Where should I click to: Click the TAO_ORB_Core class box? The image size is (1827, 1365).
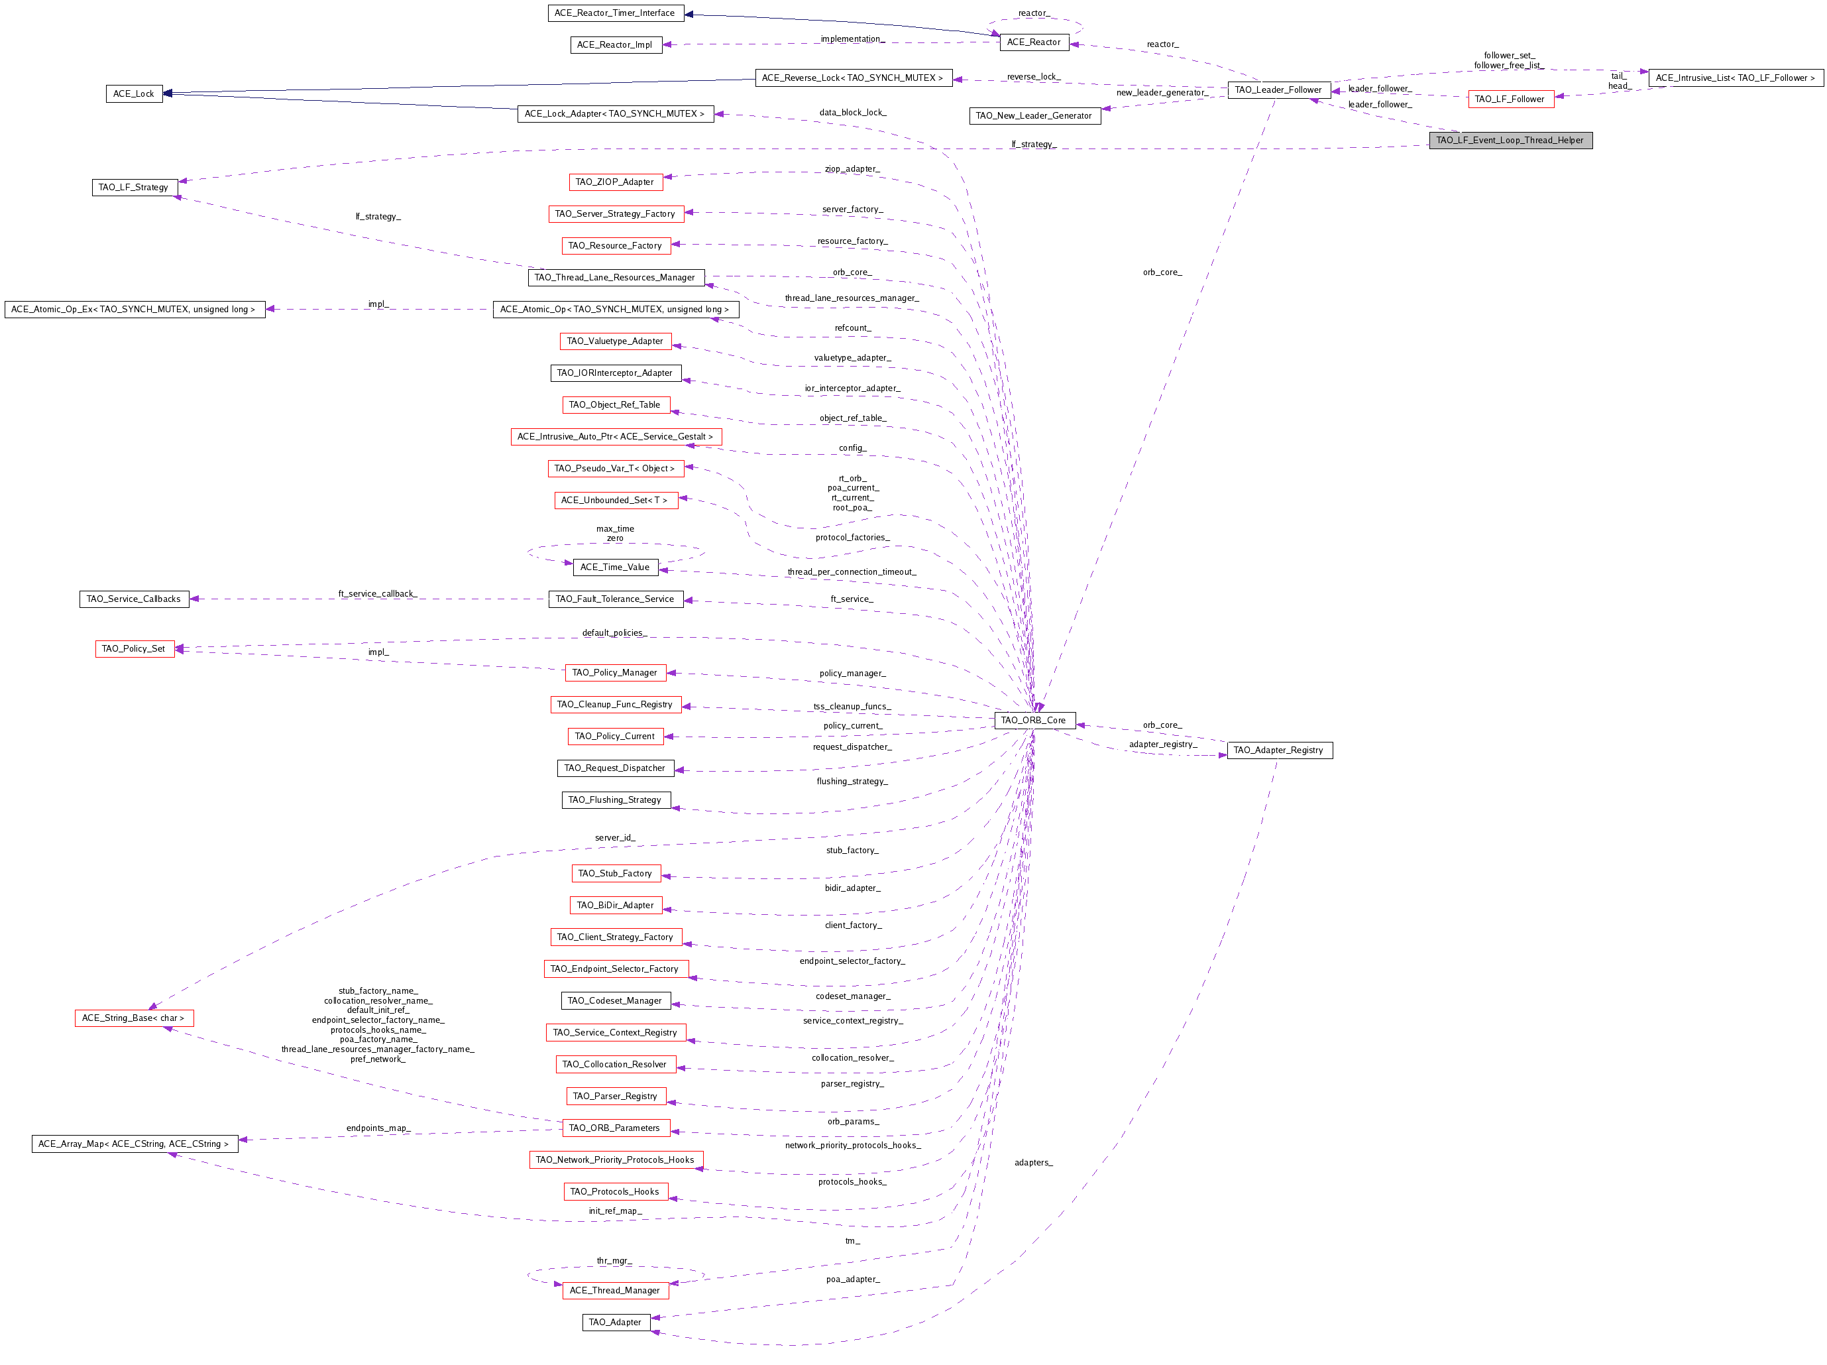tap(1034, 721)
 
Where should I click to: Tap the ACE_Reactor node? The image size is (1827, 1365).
tap(1034, 42)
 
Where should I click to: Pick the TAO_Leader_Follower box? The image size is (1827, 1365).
tap(1278, 90)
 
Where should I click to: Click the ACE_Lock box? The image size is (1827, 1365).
tap(134, 94)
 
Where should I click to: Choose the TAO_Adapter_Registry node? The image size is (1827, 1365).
tap(1280, 750)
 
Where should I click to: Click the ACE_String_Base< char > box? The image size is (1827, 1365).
tap(134, 1018)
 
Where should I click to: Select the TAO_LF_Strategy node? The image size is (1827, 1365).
tap(134, 188)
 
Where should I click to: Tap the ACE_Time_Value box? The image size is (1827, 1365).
tap(616, 567)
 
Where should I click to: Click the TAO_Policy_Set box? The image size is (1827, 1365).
tap(135, 648)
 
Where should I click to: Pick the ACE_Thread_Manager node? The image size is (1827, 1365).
tap(616, 1290)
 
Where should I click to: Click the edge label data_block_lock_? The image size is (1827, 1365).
tap(852, 113)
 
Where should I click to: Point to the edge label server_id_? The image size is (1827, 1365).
tap(616, 838)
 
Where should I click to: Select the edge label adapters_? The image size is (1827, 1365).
tap(1033, 1163)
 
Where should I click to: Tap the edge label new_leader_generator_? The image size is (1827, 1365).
tap(1163, 93)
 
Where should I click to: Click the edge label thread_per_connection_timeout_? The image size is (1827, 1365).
tap(852, 571)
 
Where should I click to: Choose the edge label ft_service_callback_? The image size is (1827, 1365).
tap(378, 593)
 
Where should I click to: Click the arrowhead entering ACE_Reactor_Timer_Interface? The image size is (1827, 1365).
tap(688, 14)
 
